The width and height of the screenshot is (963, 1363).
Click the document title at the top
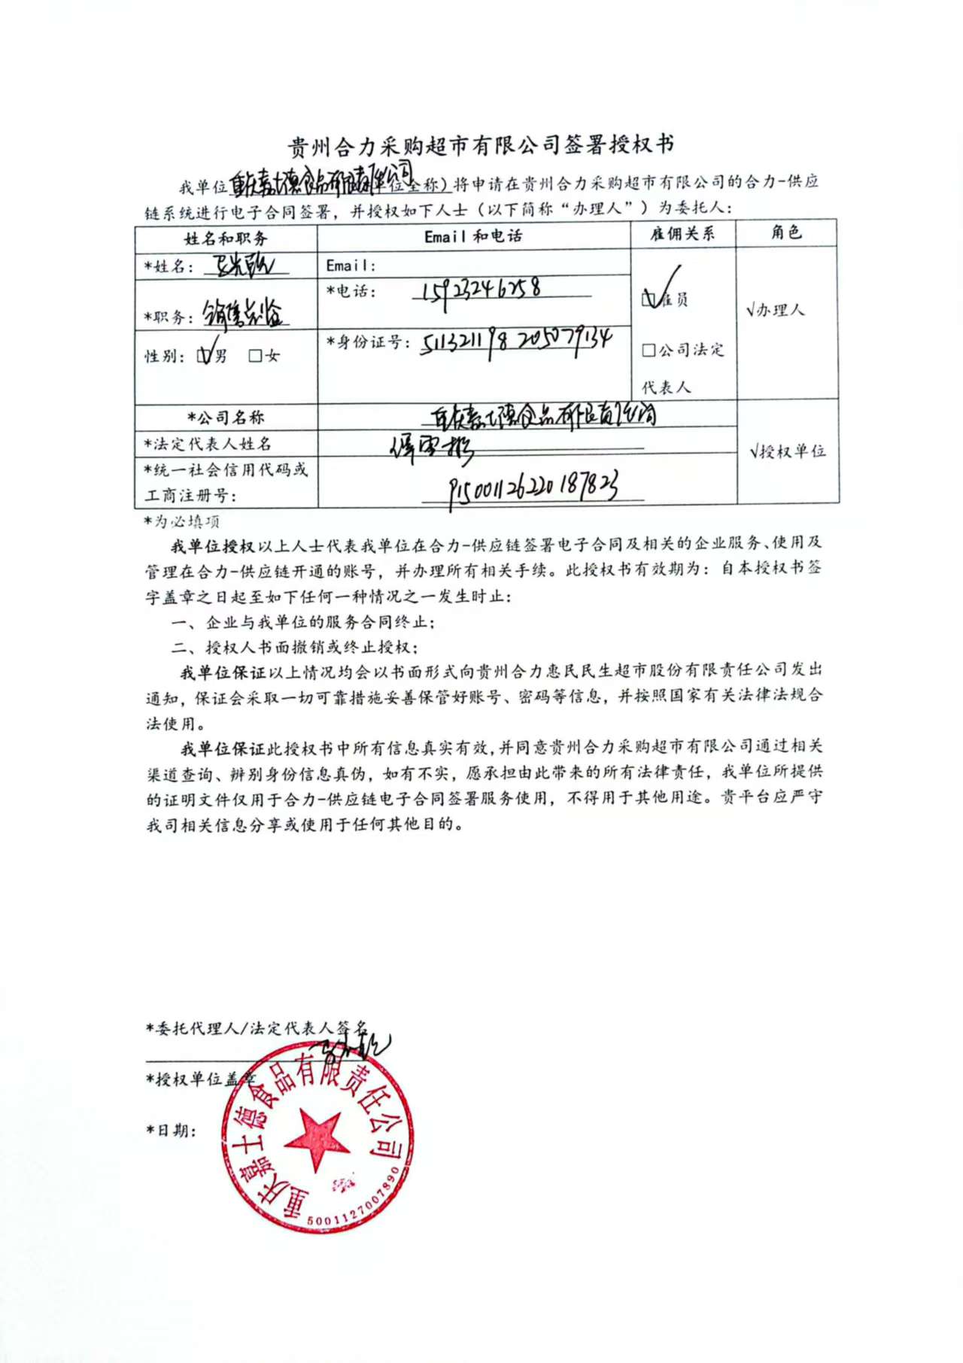click(481, 145)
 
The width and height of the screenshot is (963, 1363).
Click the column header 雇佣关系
click(682, 234)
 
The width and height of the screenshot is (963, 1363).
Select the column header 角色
click(786, 232)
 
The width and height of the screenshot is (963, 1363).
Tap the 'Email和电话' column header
click(473, 236)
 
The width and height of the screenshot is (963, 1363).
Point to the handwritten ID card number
click(516, 343)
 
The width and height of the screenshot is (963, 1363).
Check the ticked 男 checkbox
click(205, 356)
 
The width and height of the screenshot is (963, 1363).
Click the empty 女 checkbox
click(255, 356)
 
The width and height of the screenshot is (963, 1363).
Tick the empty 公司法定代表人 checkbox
click(649, 351)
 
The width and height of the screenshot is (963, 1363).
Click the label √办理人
click(775, 310)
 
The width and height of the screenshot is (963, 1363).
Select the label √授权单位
click(787, 451)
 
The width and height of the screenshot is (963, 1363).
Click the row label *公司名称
click(226, 417)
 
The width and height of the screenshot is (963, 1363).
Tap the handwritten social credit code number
click(534, 489)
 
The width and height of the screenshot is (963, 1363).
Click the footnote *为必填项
click(181, 521)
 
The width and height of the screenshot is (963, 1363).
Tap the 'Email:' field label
click(350, 266)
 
